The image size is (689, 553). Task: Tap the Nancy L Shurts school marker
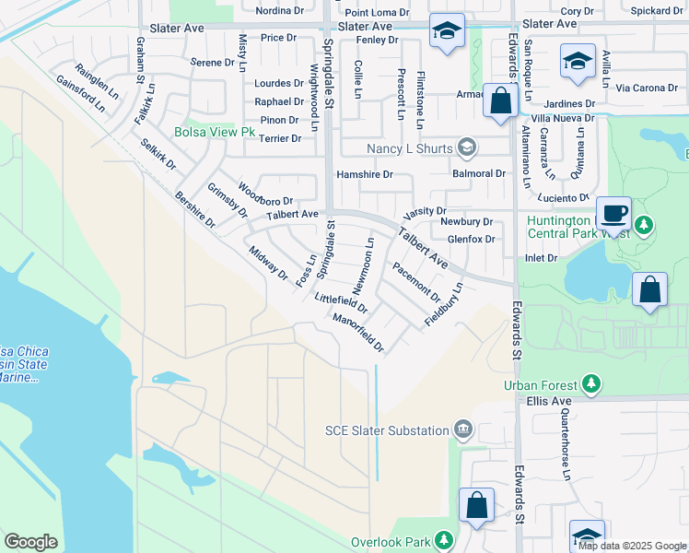click(x=468, y=148)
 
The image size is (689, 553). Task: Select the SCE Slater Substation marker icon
click(x=462, y=429)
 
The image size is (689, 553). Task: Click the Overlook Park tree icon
click(x=445, y=539)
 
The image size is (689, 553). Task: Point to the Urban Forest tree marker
click(x=590, y=384)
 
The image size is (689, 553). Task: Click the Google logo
click(x=30, y=542)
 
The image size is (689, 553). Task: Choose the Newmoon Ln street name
click(x=363, y=261)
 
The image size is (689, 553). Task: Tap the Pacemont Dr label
click(x=416, y=281)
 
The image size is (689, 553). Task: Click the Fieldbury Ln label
click(x=443, y=303)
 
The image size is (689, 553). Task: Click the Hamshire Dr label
click(x=364, y=174)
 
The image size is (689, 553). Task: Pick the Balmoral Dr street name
click(x=479, y=173)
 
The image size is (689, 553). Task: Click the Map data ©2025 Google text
click(x=632, y=546)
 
